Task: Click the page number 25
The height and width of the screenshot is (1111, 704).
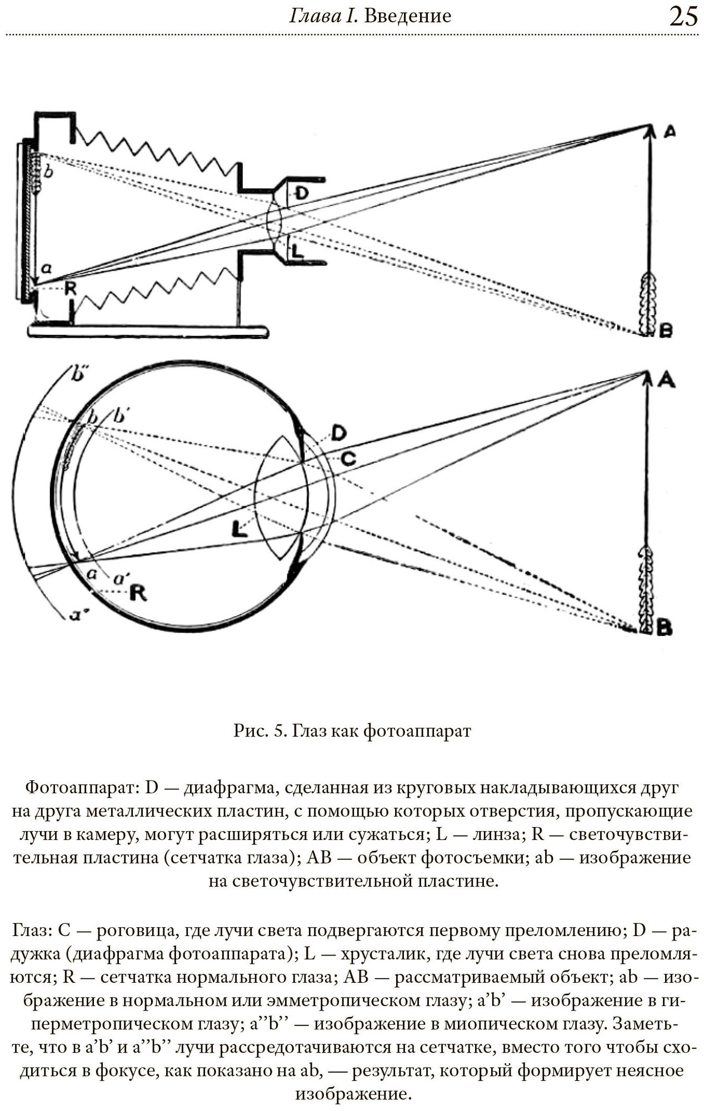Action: coord(683,17)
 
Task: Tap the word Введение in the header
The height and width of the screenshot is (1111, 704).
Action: coord(407,16)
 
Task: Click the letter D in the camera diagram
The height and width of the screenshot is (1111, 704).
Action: coord(301,193)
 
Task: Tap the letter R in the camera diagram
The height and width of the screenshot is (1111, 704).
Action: coord(70,288)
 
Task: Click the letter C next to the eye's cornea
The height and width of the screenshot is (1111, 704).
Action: coord(348,458)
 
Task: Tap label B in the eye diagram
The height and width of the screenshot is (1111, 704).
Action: coord(665,628)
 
